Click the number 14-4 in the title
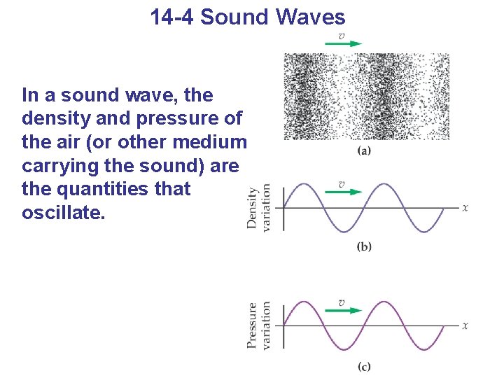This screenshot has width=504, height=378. tap(171, 17)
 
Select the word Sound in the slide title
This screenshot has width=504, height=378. tap(235, 17)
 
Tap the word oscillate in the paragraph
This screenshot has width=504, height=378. tap(64, 212)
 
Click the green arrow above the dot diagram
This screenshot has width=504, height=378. tap(343, 43)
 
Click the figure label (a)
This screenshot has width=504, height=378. tap(364, 150)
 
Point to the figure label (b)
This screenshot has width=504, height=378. tap(364, 246)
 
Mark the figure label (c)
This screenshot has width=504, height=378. tap(363, 366)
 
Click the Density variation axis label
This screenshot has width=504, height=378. tap(258, 208)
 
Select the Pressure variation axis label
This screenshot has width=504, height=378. tap(258, 325)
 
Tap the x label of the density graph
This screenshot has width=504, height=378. tap(465, 207)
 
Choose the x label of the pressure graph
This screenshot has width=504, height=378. tap(465, 325)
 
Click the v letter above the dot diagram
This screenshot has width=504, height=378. tap(342, 35)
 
